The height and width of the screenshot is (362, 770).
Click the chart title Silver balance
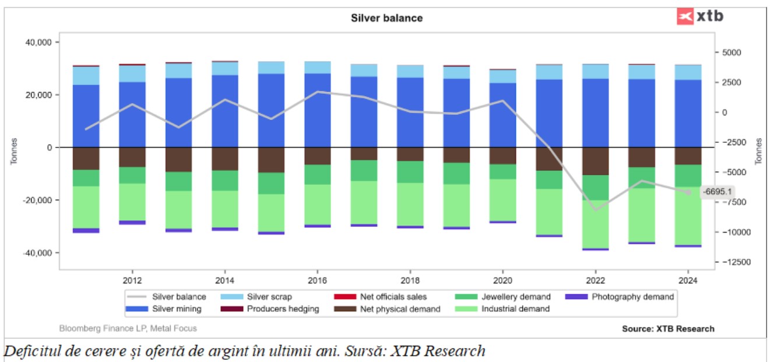click(x=386, y=18)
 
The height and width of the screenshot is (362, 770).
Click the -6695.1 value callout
click(x=718, y=192)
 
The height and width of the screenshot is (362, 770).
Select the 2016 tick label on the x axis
click(x=317, y=277)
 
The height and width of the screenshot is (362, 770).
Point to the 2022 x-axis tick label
click(x=595, y=277)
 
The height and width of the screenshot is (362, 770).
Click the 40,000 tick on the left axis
click(x=37, y=43)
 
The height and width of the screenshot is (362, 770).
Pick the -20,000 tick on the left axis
click(x=36, y=200)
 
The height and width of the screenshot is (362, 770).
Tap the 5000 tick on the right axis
click(x=731, y=52)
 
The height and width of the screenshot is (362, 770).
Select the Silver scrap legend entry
click(x=269, y=297)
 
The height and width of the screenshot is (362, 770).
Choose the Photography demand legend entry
click(x=632, y=297)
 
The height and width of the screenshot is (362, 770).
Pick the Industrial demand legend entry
click(x=515, y=309)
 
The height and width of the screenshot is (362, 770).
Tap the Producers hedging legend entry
click(x=283, y=309)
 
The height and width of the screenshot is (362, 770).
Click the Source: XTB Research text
click(x=668, y=329)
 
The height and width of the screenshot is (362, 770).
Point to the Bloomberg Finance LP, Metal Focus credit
click(x=128, y=329)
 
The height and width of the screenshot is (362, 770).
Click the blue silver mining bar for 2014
click(x=224, y=111)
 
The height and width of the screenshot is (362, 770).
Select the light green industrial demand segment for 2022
click(x=595, y=224)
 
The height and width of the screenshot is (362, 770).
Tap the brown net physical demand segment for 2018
click(x=410, y=154)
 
